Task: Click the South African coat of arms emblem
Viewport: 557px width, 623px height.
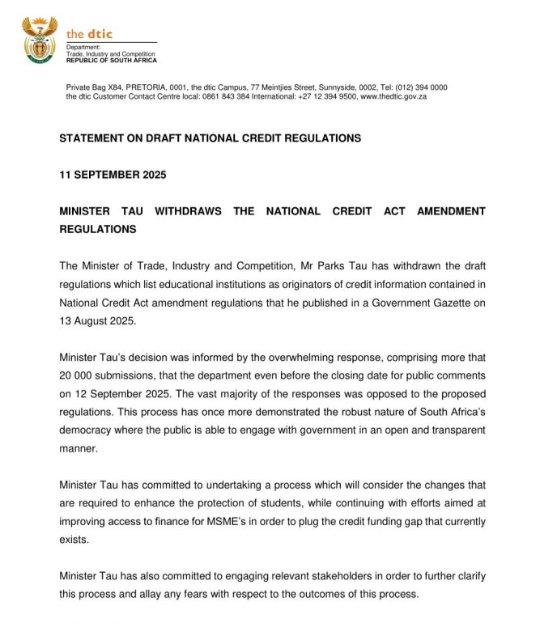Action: (x=39, y=40)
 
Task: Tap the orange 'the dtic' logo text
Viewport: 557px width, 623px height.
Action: (x=89, y=34)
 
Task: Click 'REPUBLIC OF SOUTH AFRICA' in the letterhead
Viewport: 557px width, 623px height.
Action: (x=112, y=61)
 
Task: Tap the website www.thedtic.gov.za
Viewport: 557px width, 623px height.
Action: (x=393, y=96)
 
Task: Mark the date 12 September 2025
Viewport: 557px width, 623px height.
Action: (x=119, y=393)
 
